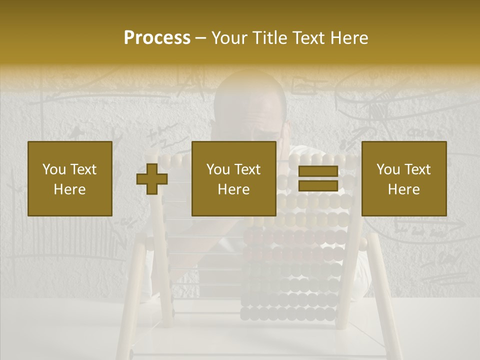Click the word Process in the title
pos(157,38)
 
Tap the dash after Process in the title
pos(201,39)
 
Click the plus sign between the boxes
pos(152,179)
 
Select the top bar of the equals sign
pos(318,171)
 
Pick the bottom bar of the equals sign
pos(318,185)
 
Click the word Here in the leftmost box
pos(70,189)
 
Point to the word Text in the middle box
pos(247,169)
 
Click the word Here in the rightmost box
pos(404,189)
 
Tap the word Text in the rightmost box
pos(417,169)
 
